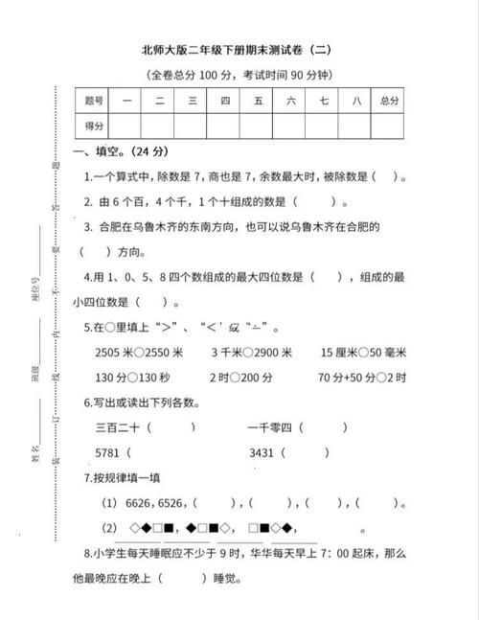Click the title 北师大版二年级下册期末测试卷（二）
point(240,50)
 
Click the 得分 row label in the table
point(94,126)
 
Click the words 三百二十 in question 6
point(119,426)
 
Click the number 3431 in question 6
point(262,451)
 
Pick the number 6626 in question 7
point(143,502)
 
